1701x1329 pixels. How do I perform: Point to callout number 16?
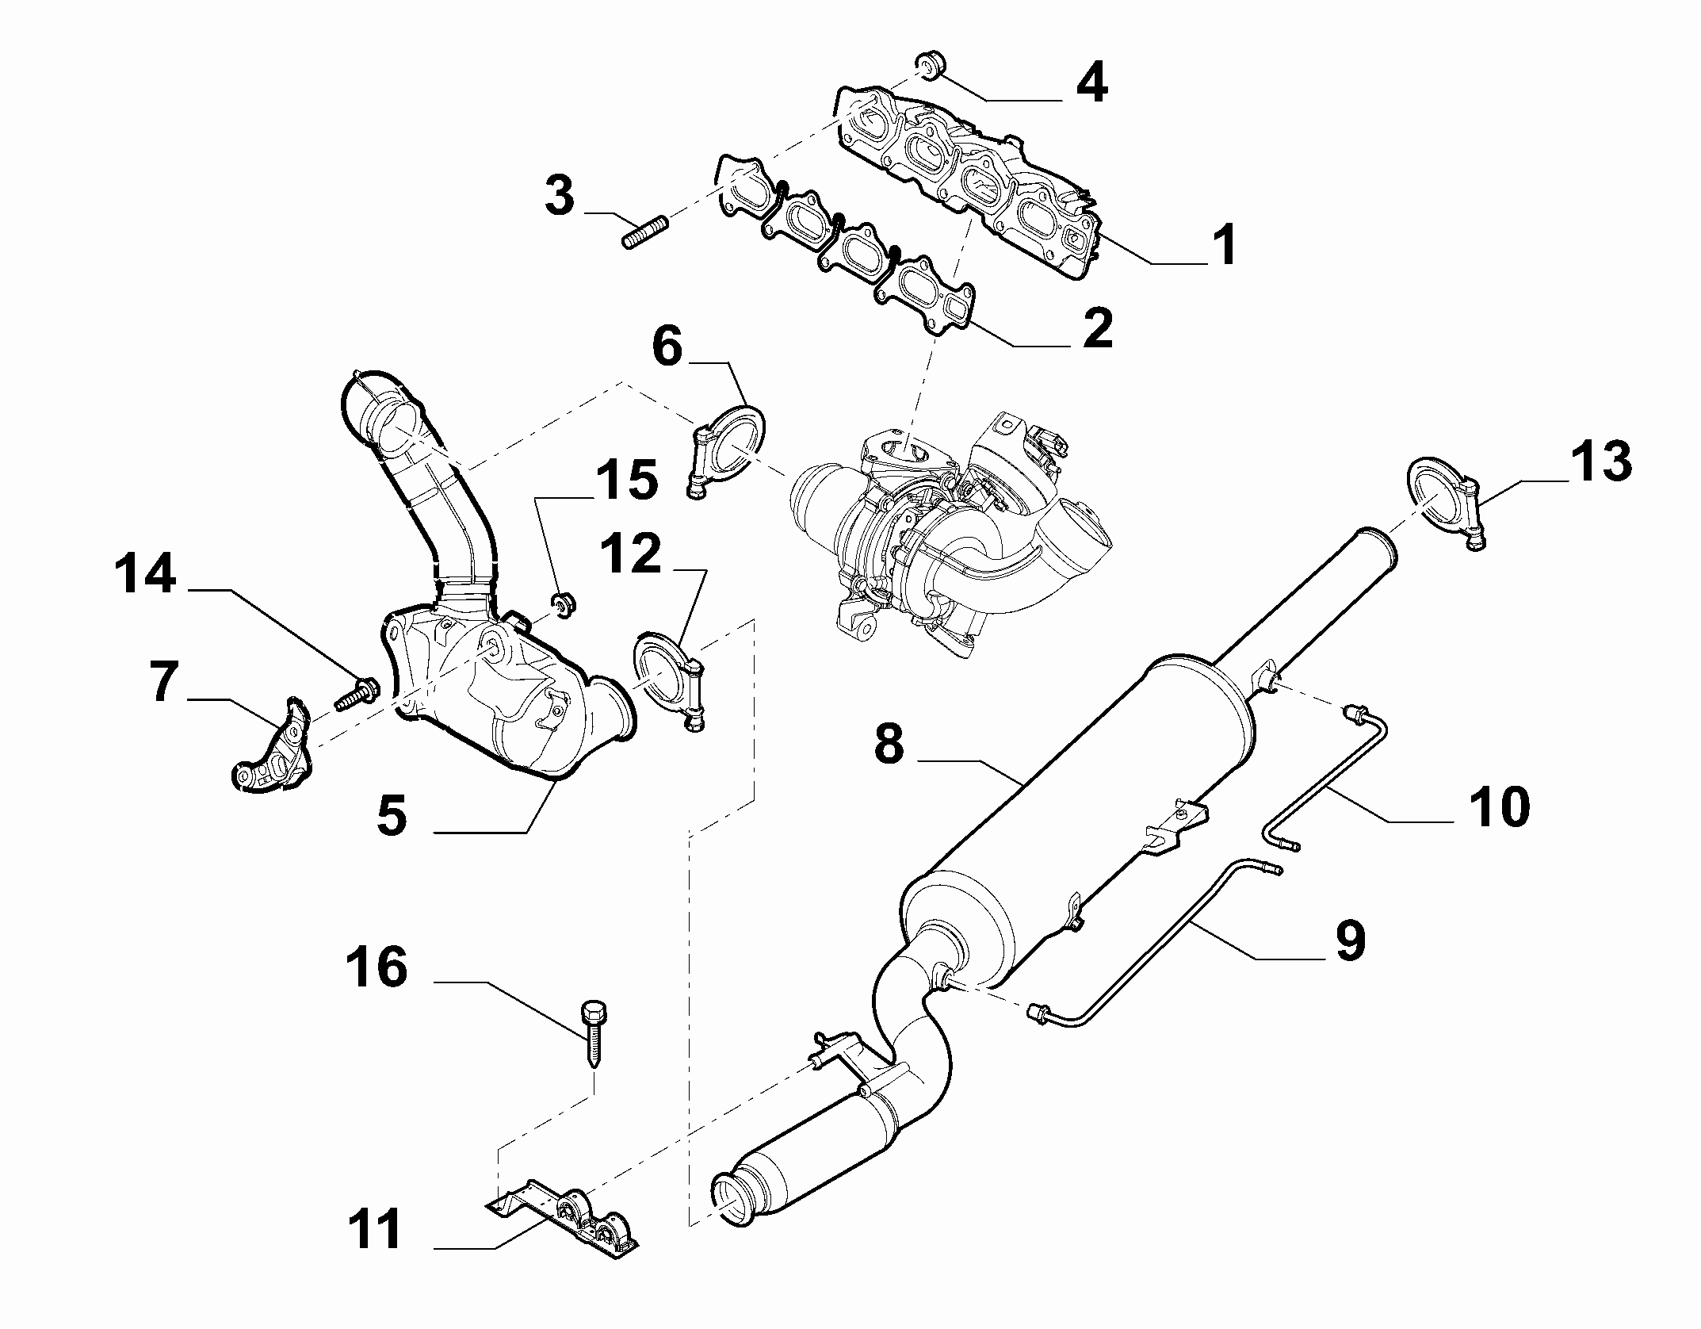(377, 968)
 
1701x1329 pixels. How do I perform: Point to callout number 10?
(1497, 806)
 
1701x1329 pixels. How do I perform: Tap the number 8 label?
(889, 745)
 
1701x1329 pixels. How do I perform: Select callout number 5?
(392, 816)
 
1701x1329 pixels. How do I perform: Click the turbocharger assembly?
(951, 539)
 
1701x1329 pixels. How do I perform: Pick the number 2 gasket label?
(1097, 328)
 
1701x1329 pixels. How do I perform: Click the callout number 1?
(1225, 245)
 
